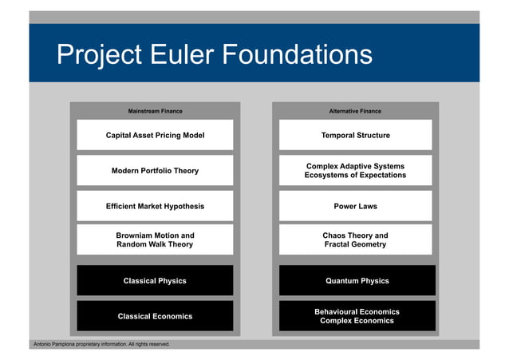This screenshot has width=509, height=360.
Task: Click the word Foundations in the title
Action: pyautogui.click(x=297, y=54)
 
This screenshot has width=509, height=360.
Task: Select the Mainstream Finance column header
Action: pyautogui.click(x=155, y=111)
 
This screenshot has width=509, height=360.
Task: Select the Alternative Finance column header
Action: pyautogui.click(x=355, y=111)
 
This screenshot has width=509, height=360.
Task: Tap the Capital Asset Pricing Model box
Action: pyautogui.click(x=155, y=136)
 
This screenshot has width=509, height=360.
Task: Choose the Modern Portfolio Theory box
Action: pyautogui.click(x=155, y=171)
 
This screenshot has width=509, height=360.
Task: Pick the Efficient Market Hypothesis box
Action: pyautogui.click(x=155, y=206)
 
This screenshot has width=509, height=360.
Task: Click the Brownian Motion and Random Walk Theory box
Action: pyautogui.click(x=155, y=240)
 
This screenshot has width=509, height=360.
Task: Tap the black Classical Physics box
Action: pyautogui.click(x=155, y=281)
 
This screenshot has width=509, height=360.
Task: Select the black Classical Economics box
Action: pyautogui.click(x=155, y=316)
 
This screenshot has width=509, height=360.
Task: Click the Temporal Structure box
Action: pyautogui.click(x=355, y=136)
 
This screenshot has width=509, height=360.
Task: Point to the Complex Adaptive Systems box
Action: pyautogui.click(x=355, y=171)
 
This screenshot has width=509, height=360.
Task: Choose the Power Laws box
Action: pyautogui.click(x=355, y=206)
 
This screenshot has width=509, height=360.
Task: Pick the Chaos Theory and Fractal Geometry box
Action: pyautogui.click(x=355, y=240)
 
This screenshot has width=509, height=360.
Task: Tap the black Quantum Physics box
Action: pyautogui.click(x=357, y=281)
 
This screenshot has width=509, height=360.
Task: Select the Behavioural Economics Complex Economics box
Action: pyautogui.click(x=357, y=316)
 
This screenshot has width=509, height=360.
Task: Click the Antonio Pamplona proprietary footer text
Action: pyautogui.click(x=101, y=344)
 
